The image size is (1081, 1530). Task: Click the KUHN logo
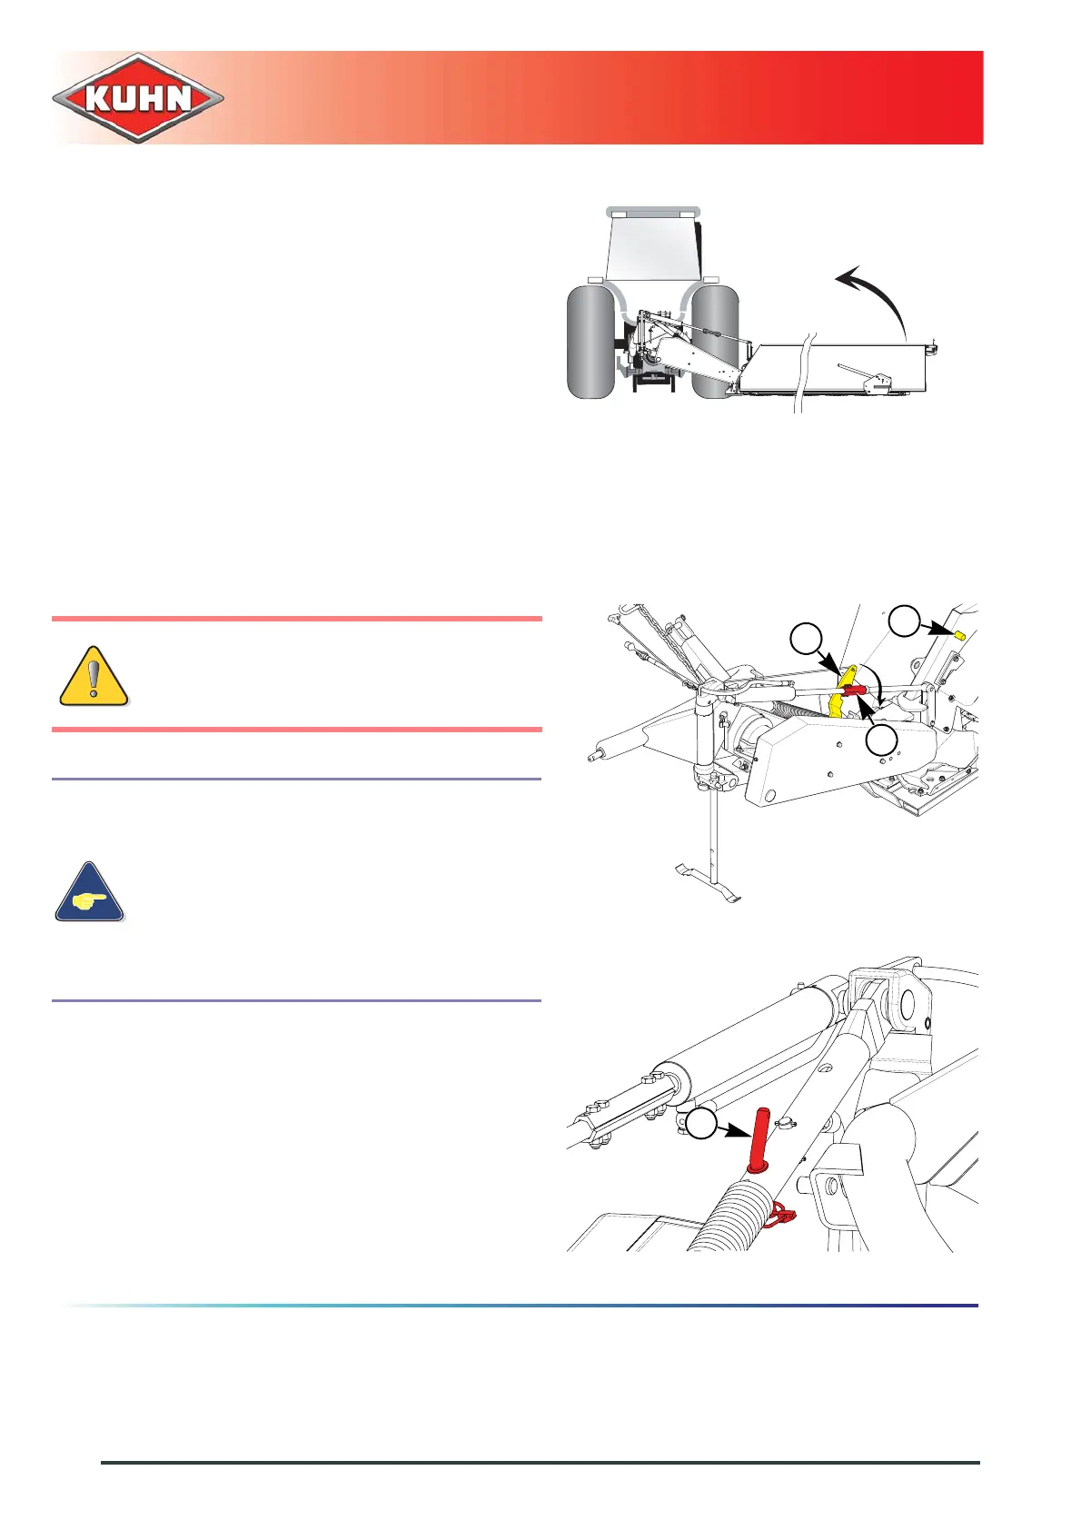pos(138,97)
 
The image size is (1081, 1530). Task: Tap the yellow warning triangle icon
pos(94,677)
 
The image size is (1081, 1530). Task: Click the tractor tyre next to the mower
pos(714,342)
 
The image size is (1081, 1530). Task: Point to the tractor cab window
pos(653,245)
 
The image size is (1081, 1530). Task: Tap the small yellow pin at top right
pos(958,632)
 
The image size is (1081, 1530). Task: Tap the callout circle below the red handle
pos(880,741)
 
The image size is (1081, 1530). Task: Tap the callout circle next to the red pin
pos(700,1124)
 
